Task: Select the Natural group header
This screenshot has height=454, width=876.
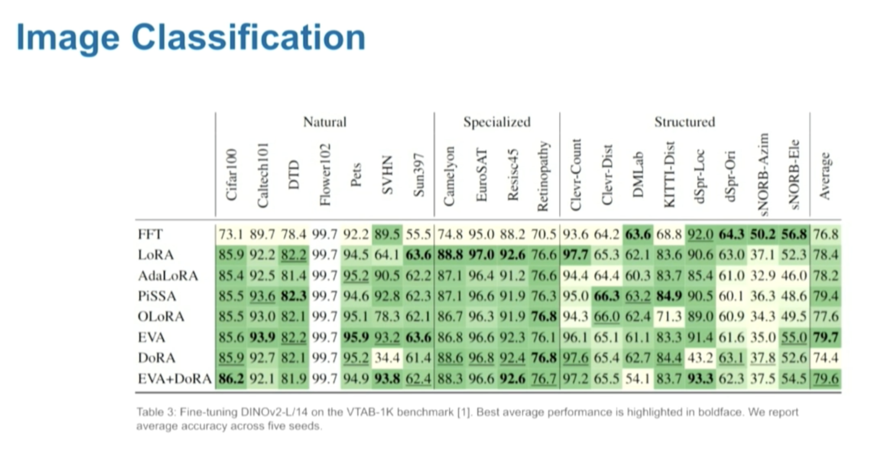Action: coord(325,122)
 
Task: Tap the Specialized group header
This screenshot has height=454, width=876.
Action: coord(497,122)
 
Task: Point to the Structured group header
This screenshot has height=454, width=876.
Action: coord(685,122)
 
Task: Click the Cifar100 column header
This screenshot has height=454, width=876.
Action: coord(231,175)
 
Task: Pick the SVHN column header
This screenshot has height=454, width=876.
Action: coord(387,175)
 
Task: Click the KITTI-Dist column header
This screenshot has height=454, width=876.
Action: coord(669,175)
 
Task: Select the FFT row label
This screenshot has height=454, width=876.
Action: coord(150,234)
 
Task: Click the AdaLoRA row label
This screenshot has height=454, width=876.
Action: coord(168,275)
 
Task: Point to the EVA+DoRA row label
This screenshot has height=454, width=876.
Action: coord(174,379)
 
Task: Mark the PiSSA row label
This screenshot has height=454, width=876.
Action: coord(157,296)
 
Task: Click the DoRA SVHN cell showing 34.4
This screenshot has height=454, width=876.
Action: coord(387,358)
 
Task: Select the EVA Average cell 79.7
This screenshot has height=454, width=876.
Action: coord(826,337)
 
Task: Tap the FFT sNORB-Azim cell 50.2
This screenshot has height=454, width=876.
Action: coord(763,234)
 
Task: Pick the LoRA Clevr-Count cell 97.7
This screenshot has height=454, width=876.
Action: coord(576,255)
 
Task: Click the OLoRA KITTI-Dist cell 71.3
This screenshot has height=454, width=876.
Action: coord(669,317)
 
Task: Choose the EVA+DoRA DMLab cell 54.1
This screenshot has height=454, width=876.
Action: coord(638,379)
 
